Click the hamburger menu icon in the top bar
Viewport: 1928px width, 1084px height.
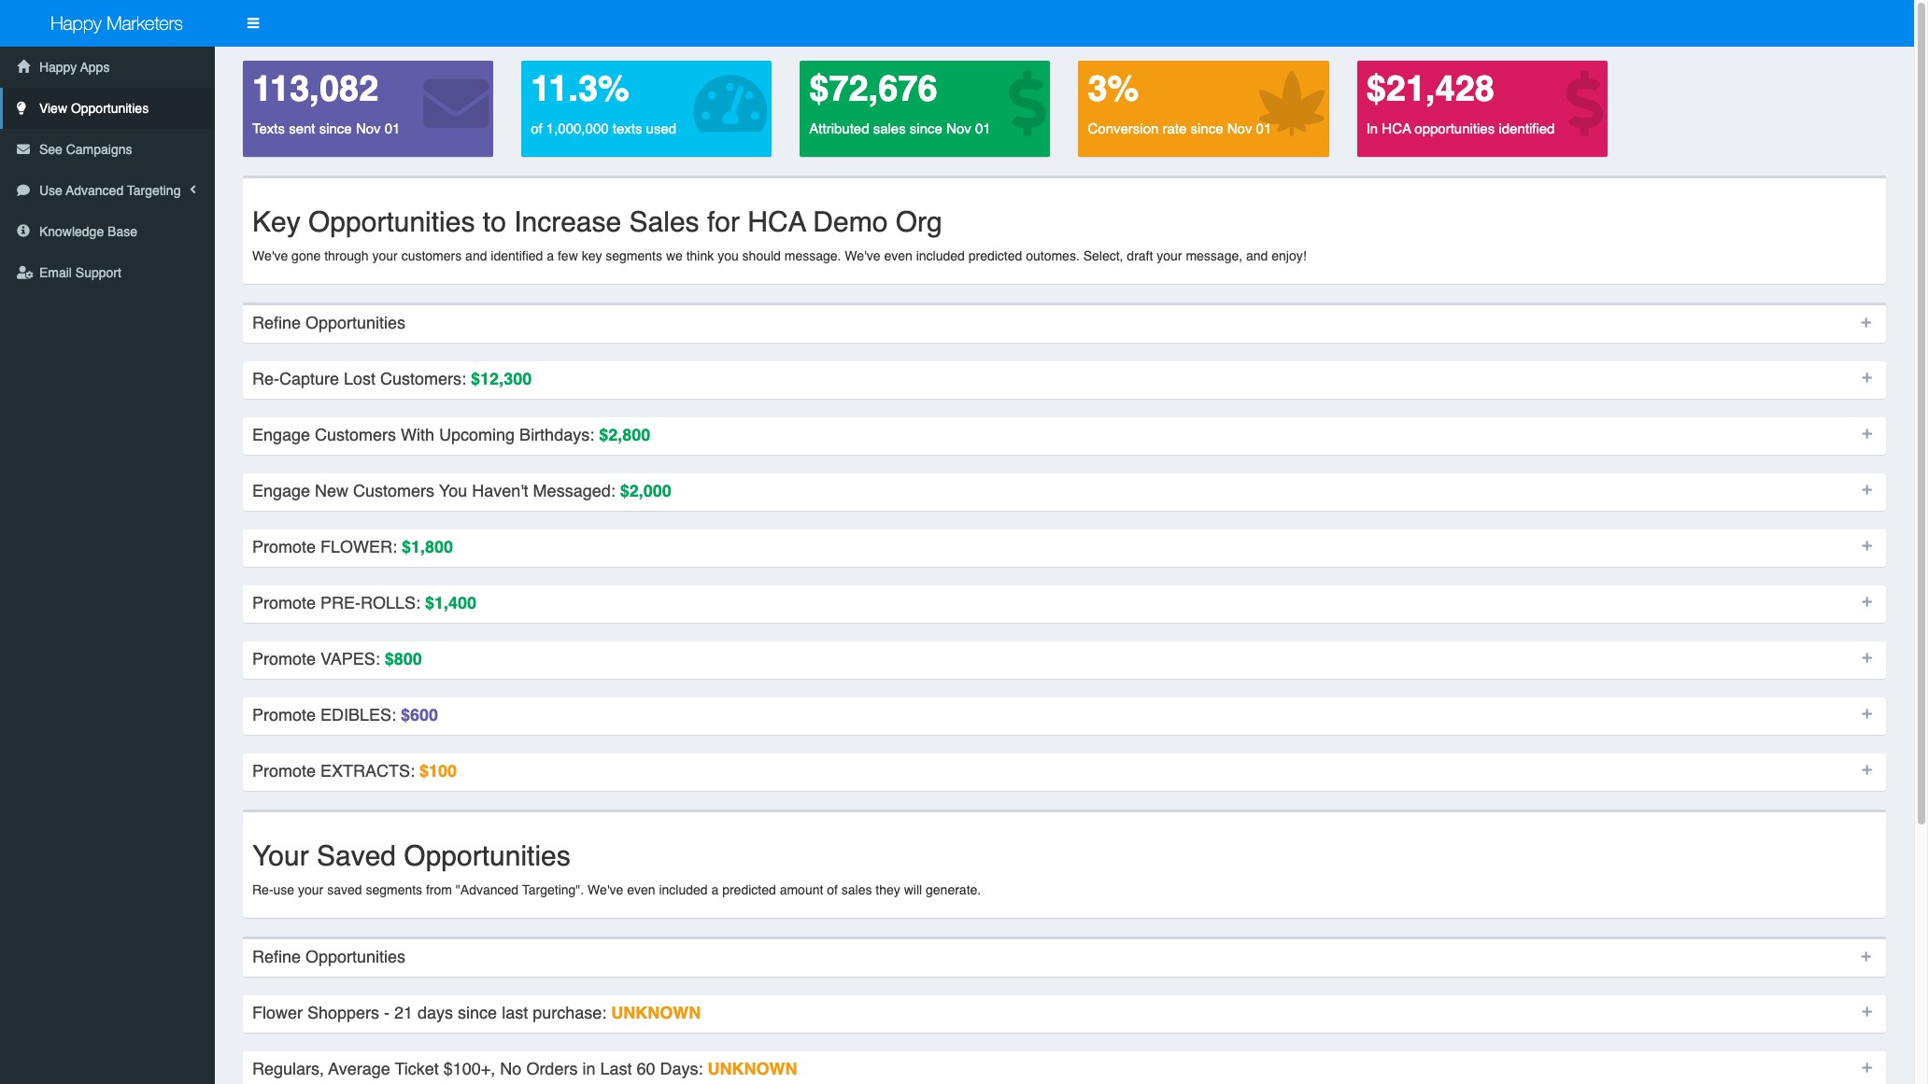point(253,23)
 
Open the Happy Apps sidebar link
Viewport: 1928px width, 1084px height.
point(74,67)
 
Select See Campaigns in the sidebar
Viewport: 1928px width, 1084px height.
point(85,149)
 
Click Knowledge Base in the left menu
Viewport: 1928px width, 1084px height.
point(88,232)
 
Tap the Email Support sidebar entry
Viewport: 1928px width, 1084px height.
point(79,273)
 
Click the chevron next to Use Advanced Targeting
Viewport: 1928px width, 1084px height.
point(193,190)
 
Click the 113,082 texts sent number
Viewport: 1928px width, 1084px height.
point(315,90)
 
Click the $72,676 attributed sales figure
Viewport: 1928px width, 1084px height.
point(872,90)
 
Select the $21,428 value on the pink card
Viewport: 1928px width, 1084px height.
point(1429,90)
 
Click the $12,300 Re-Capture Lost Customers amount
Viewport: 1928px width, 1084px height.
point(501,379)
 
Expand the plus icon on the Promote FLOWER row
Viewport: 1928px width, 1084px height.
point(1866,546)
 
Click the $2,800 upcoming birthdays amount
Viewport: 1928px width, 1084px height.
point(624,435)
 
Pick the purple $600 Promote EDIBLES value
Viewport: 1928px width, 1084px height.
point(418,715)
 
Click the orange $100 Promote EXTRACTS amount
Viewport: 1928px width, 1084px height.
point(437,771)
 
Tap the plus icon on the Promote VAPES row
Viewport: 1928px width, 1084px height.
point(1866,658)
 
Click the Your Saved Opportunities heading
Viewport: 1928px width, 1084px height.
point(411,856)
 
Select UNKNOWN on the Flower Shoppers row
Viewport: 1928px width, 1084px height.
point(655,1013)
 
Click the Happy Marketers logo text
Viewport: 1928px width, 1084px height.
point(116,23)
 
